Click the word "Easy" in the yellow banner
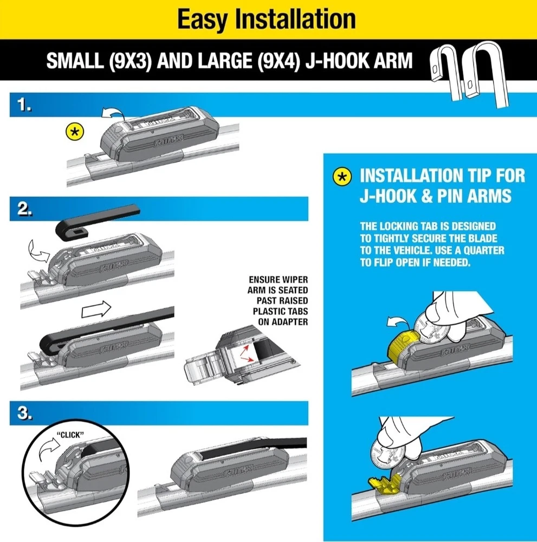pyautogui.click(x=202, y=20)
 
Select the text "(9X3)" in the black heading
pyautogui.click(x=130, y=61)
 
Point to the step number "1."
pyautogui.click(x=24, y=105)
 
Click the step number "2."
pyautogui.click(x=25, y=209)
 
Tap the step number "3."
pyautogui.click(x=25, y=412)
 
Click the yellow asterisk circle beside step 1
pyautogui.click(x=75, y=132)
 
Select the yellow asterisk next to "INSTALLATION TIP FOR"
pyautogui.click(x=342, y=177)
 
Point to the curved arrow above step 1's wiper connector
pyautogui.click(x=113, y=113)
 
